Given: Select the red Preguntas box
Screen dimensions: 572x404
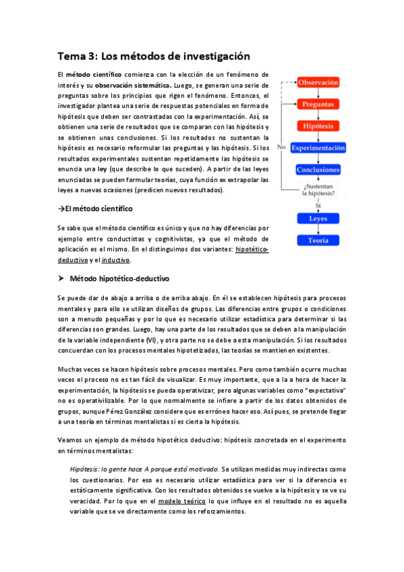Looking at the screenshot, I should pos(318,105).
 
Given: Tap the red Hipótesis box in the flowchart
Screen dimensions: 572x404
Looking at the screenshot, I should pos(318,126).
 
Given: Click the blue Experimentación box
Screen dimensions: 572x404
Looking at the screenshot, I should pos(318,148).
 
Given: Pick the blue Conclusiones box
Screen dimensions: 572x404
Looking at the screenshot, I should pos(318,169).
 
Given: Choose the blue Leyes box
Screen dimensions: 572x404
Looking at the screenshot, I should pos(318,219).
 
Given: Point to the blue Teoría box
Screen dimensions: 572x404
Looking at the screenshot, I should pos(318,240).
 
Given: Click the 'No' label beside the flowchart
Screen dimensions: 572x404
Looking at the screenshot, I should pos(281,146).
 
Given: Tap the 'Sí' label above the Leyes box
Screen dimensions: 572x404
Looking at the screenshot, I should pos(318,205).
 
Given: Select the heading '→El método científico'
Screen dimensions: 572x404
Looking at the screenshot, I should pos(95,209).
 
